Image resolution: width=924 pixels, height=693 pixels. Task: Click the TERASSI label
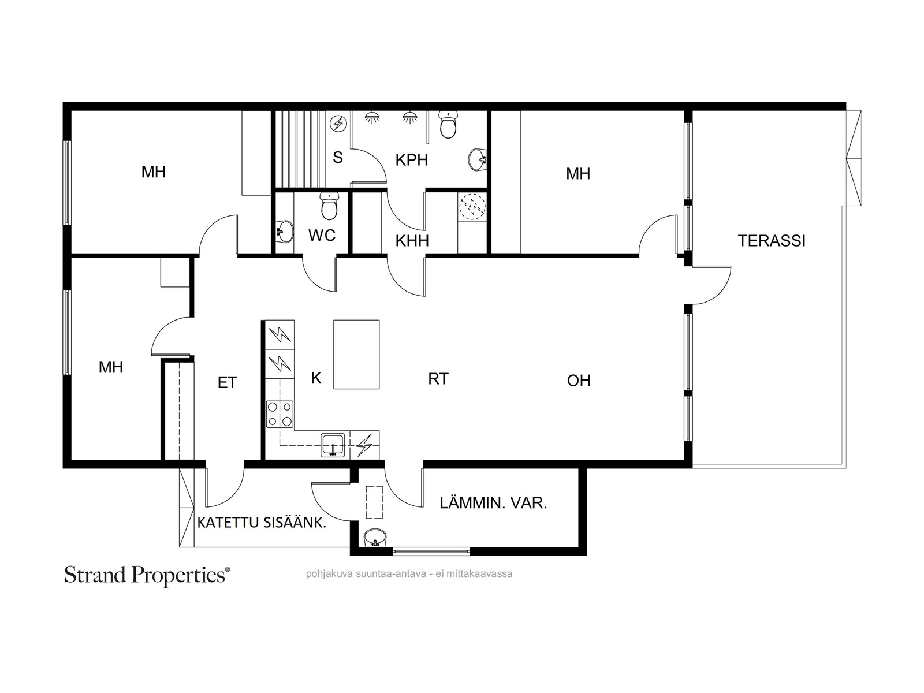click(771, 241)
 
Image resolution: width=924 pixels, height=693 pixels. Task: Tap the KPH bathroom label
click(411, 160)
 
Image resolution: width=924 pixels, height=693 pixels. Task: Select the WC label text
click(322, 236)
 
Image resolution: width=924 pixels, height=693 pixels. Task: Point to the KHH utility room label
click(412, 241)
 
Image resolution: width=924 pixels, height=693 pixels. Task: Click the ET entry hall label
click(228, 382)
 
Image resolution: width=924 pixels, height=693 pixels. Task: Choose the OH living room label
click(579, 381)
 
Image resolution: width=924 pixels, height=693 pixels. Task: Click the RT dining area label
click(438, 379)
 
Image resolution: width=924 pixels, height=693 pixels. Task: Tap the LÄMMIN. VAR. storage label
click(493, 503)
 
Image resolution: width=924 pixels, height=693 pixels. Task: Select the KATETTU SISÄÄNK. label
click(262, 523)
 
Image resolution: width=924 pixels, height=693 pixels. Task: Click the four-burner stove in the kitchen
click(280, 414)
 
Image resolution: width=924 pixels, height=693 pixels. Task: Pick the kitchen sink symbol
click(333, 445)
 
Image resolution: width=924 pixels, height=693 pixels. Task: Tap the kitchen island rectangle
click(356, 354)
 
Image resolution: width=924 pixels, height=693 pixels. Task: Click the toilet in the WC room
click(329, 206)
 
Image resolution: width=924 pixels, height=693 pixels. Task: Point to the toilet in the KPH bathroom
click(448, 125)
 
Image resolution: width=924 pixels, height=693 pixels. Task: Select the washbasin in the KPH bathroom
click(478, 160)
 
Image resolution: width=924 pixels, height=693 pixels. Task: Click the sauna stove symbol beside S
click(338, 124)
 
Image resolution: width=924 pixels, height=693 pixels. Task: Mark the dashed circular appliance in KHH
click(472, 207)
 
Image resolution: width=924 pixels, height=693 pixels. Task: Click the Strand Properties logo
click(147, 576)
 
